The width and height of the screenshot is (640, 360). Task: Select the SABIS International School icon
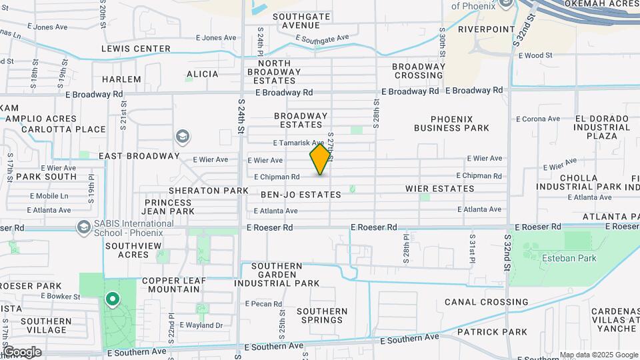point(83,227)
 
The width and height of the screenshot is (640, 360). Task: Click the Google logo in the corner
point(21,352)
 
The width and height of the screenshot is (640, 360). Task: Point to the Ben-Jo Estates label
point(301,195)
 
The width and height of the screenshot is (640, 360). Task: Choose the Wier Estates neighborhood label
point(439,189)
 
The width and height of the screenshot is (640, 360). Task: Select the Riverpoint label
point(487,29)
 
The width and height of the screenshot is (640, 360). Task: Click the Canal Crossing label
point(486,302)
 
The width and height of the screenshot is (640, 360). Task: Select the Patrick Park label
point(492,331)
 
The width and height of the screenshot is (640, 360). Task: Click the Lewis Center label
point(136,49)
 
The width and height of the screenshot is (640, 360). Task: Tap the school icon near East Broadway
point(182,137)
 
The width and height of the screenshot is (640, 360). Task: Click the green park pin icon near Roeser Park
point(113,301)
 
